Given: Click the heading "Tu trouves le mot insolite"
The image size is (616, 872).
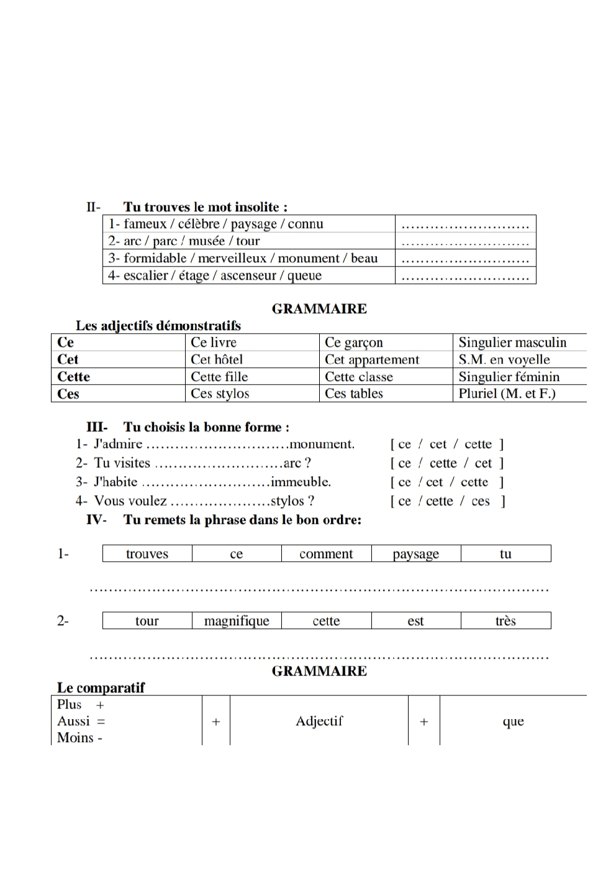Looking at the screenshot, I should click(x=205, y=207).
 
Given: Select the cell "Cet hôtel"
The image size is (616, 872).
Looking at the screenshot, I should click(x=217, y=359).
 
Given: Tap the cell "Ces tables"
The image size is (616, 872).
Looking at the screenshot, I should click(x=354, y=393).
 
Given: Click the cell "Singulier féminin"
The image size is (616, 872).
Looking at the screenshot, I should click(x=509, y=377).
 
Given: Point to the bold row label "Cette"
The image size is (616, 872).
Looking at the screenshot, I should click(x=73, y=377).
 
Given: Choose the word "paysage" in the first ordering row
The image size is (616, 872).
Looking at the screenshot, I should click(x=415, y=554).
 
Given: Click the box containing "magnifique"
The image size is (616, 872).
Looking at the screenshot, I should click(x=237, y=621).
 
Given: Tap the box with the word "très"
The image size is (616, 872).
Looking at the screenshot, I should click(x=505, y=621).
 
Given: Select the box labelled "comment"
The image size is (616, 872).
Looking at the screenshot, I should click(x=326, y=554).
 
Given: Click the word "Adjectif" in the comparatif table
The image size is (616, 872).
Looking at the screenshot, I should click(x=319, y=721).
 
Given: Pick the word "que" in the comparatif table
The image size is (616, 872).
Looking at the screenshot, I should click(x=513, y=721).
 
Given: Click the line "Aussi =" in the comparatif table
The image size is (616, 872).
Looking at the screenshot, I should click(x=81, y=721).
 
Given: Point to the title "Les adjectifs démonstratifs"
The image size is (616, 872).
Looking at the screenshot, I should click(x=158, y=325).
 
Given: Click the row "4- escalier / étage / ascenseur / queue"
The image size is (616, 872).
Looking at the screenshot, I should click(x=215, y=275).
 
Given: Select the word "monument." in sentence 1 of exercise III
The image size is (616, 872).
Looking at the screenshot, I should click(x=322, y=444).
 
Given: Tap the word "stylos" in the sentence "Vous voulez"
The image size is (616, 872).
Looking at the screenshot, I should click(x=287, y=501).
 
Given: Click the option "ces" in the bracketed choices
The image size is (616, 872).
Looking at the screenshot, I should click(x=481, y=501).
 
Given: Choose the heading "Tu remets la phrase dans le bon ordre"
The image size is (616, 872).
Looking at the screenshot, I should click(x=242, y=520).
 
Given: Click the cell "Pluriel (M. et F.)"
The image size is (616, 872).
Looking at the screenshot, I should click(x=507, y=393).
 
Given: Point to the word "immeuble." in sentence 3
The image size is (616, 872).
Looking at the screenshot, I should click(x=301, y=482).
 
